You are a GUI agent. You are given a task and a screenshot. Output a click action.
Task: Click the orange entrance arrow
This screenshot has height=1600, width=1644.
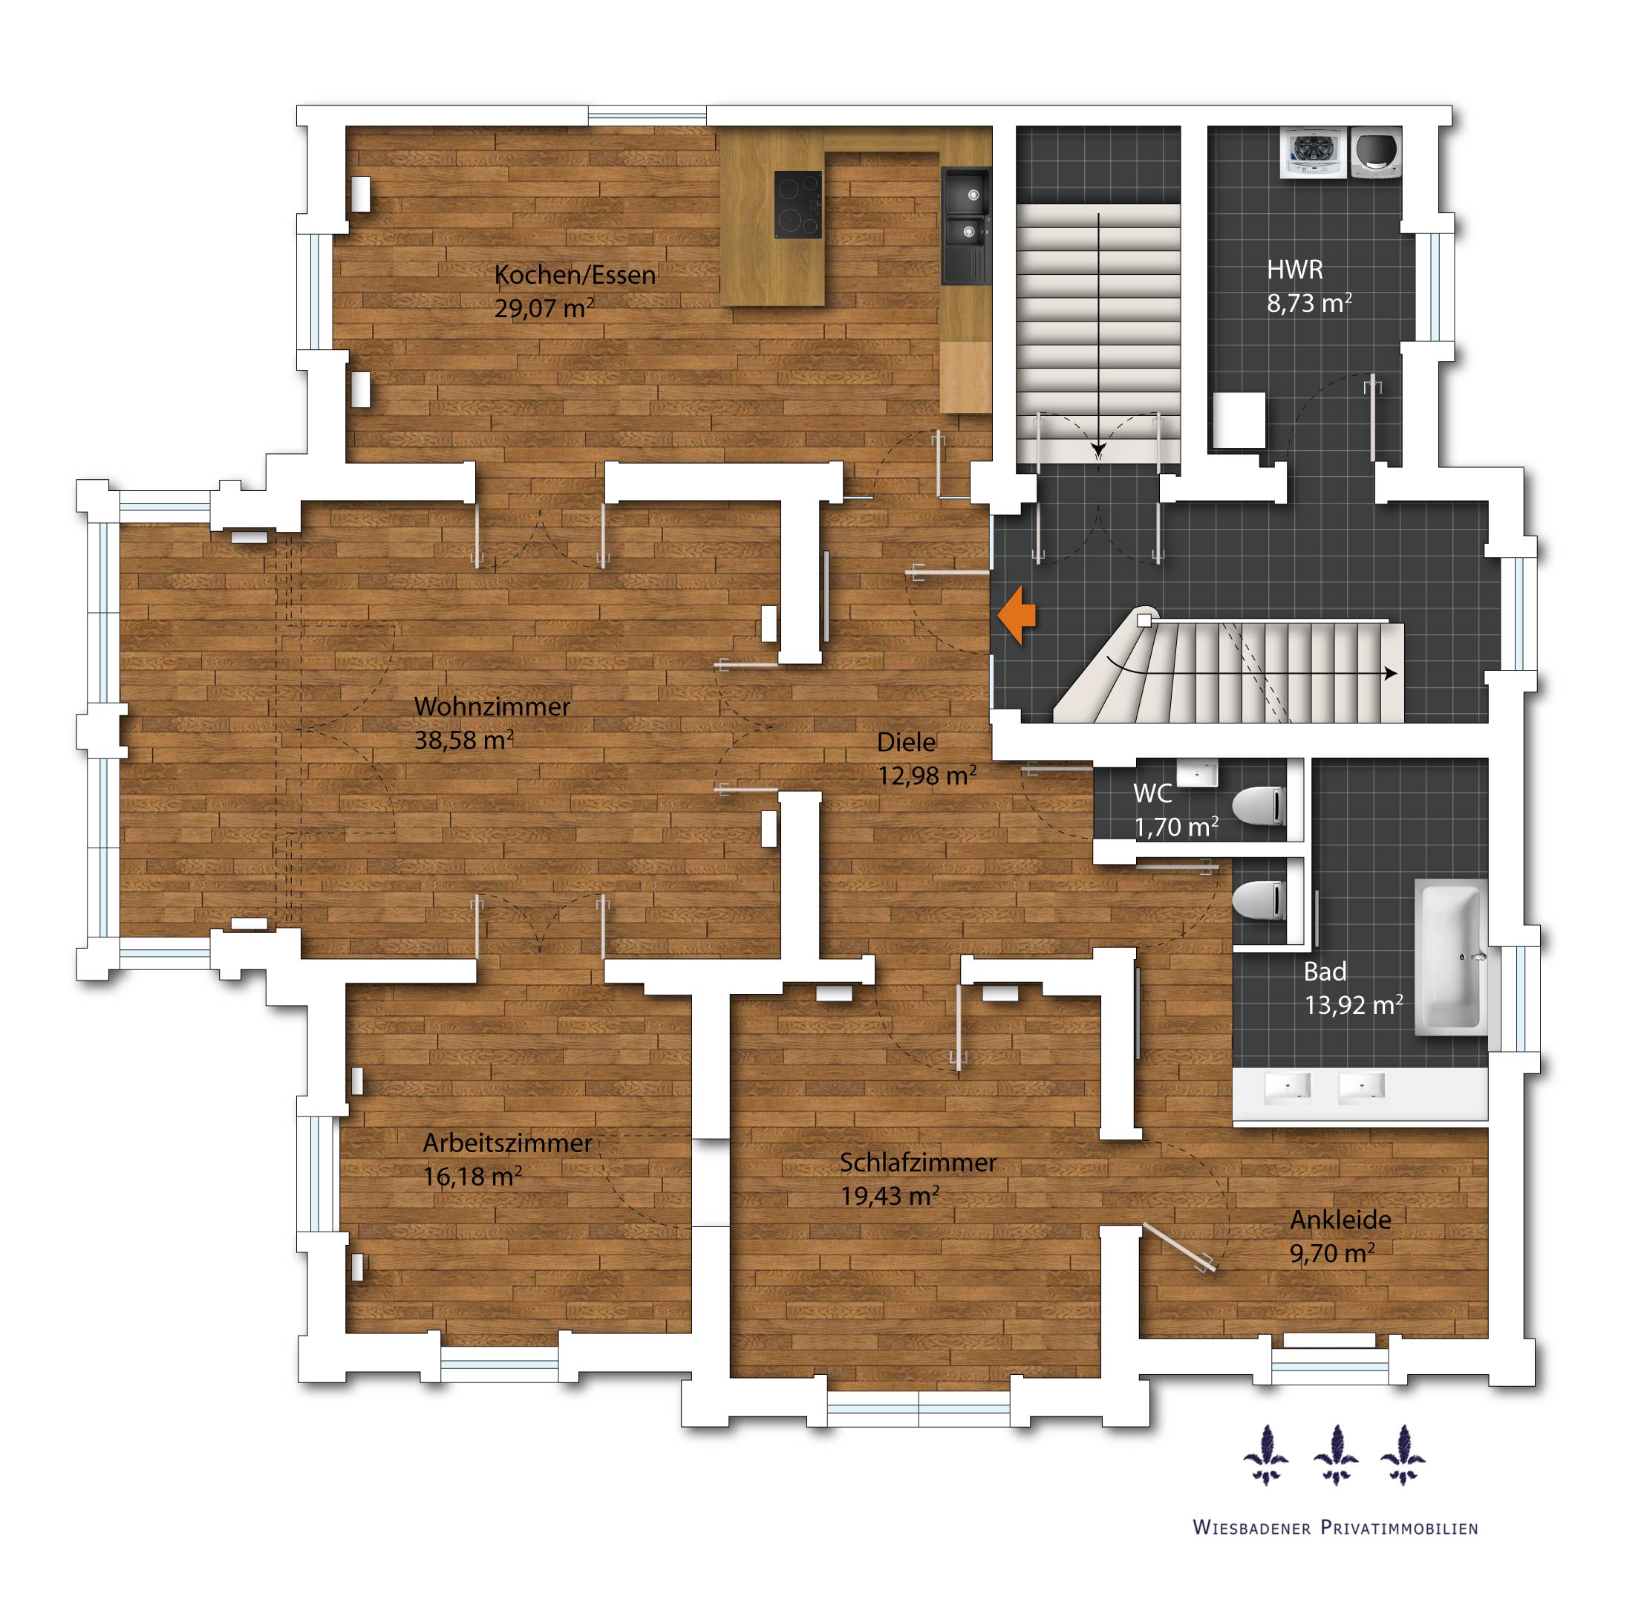tap(1017, 616)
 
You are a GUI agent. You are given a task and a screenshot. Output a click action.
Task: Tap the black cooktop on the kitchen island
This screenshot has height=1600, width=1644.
tap(797, 204)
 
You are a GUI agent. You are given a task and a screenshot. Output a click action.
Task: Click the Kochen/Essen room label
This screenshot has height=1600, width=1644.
tap(575, 275)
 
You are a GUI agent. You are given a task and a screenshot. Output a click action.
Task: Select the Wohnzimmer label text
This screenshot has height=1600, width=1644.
tap(492, 706)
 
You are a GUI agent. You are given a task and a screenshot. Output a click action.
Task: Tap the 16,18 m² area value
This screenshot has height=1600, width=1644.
tap(472, 1176)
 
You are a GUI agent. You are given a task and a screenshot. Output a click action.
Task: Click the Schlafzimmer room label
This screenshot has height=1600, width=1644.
tap(919, 1162)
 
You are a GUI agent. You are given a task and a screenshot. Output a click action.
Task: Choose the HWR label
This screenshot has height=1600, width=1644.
tap(1294, 270)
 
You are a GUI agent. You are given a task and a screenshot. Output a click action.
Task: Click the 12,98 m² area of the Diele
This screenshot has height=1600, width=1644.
tap(927, 775)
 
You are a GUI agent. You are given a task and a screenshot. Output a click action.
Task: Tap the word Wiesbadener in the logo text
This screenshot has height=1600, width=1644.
tap(1252, 1528)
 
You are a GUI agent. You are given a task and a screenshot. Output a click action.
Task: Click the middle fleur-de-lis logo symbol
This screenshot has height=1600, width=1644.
tap(1335, 1455)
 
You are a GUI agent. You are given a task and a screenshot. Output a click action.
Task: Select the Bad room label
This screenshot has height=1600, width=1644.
tap(1325, 972)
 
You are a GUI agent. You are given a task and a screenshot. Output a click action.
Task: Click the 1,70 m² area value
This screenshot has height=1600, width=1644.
tap(1176, 827)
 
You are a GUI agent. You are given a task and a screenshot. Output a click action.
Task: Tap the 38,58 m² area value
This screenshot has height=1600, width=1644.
tap(463, 740)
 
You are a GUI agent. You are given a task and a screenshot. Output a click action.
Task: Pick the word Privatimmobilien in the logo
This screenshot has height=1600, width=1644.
tap(1400, 1528)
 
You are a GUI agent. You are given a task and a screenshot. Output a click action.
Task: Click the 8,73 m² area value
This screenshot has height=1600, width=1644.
tap(1309, 302)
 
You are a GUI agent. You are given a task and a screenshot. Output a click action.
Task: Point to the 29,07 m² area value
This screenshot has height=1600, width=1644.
tap(544, 308)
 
